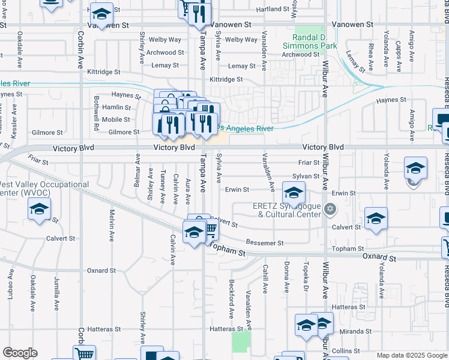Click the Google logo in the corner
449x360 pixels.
20,353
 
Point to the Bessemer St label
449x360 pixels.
264,243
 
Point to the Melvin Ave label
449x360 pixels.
112,226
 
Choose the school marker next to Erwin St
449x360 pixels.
293,193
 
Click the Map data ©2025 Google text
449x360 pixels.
411,355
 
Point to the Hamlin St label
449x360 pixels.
116,107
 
